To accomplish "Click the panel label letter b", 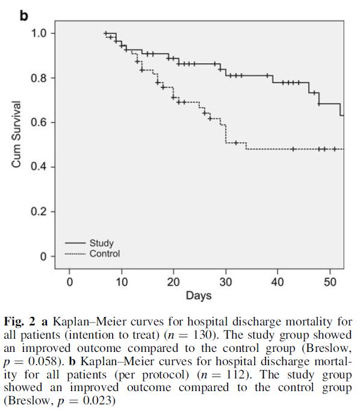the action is (23, 16).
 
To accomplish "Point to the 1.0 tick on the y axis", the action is (39, 33).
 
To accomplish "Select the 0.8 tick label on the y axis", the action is (39, 78).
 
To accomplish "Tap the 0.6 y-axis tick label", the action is (39, 122).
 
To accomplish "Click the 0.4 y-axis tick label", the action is (39, 167).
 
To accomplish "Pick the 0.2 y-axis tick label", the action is (39, 212).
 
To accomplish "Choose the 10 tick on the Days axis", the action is (122, 282).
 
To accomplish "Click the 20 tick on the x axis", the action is (173, 282).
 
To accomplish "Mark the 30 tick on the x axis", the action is (226, 282).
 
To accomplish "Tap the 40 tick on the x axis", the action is (278, 282).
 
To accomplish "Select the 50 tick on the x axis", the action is (330, 282).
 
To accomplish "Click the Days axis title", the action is (199, 296).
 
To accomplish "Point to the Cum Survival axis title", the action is (16, 134).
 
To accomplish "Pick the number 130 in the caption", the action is (202, 334).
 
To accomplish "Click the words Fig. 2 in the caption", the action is (19, 322).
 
